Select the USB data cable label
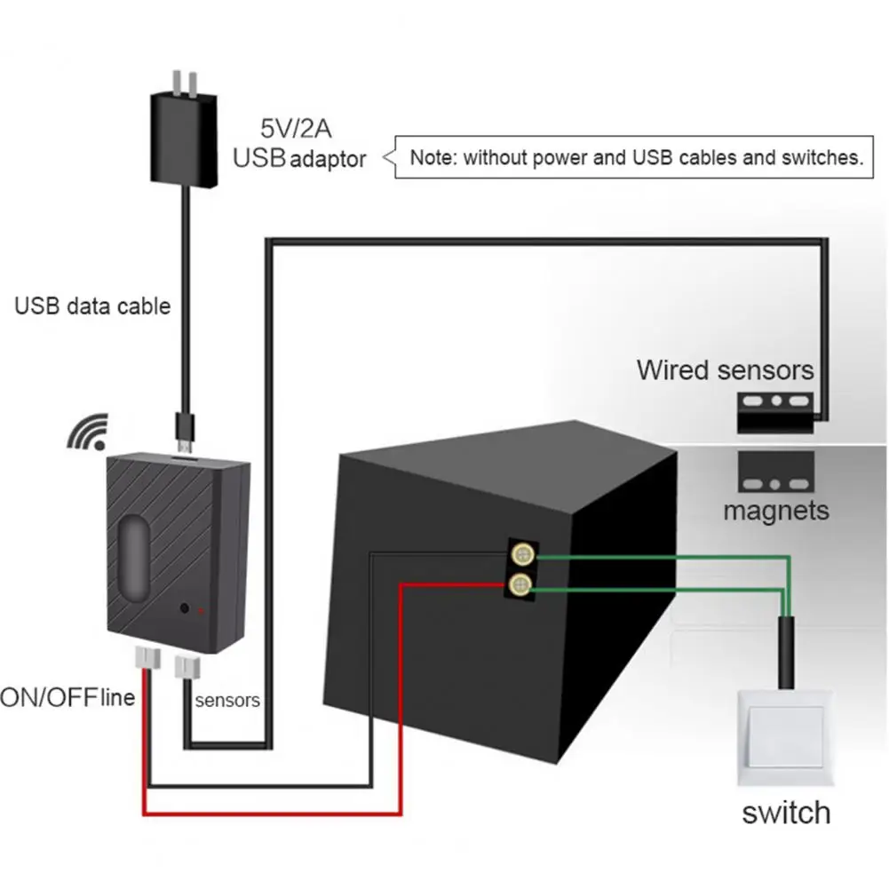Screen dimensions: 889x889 92,306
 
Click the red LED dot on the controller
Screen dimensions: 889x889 202,611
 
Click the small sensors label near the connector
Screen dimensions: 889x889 227,700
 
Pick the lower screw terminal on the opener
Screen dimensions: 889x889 521,583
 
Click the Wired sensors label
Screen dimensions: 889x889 725,369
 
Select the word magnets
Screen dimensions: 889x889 775,511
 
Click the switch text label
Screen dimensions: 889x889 786,812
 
